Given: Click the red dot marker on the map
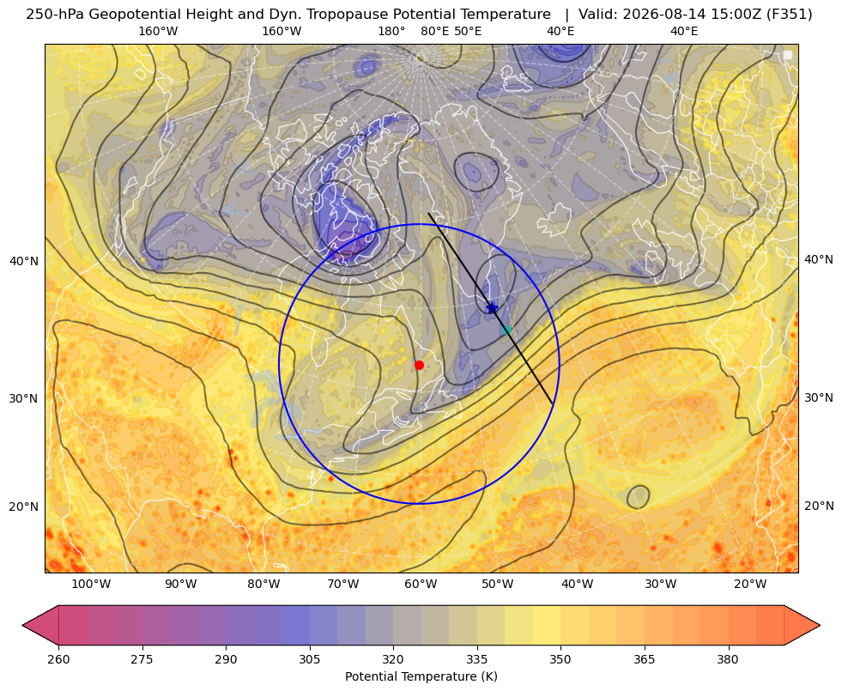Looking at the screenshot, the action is (420, 365).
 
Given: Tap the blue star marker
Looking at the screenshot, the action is (492, 307).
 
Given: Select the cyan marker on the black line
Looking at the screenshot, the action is (506, 330).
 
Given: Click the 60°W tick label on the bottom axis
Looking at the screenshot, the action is (420, 585).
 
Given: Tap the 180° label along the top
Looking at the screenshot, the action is (391, 31).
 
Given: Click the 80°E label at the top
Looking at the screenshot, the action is (435, 31).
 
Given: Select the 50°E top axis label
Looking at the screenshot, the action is (469, 31).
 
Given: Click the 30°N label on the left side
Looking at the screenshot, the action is (24, 398).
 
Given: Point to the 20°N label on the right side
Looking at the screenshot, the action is (819, 506).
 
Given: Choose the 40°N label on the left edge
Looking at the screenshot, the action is (24, 262).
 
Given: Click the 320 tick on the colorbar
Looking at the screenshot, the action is (393, 658).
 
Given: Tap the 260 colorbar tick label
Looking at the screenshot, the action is (58, 658).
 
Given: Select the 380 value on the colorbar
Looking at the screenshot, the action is (728, 658).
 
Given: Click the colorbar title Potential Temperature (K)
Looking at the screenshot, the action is (421, 676).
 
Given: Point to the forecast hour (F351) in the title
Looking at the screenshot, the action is (790, 15).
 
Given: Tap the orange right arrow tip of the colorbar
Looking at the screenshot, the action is (820, 625).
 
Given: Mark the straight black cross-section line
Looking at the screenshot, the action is (490, 308).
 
